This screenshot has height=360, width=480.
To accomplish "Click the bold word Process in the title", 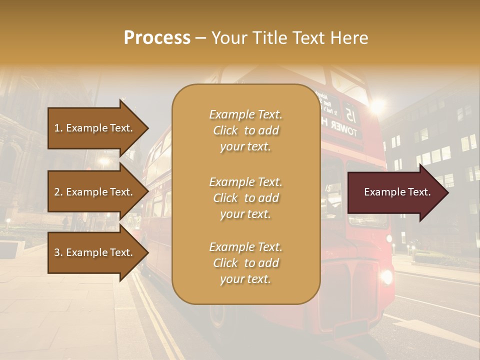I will (x=157, y=38).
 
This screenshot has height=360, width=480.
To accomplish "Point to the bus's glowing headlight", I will (x=386, y=275).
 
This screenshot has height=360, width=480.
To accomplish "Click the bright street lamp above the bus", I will (x=377, y=105).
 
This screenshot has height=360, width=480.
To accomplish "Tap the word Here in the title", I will (x=350, y=38).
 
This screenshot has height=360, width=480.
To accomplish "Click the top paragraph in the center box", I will (x=245, y=130).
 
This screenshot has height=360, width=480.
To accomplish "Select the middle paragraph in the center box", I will (x=245, y=198).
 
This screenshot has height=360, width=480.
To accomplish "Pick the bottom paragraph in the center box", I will (x=245, y=263).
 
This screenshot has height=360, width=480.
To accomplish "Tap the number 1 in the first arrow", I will (x=57, y=128).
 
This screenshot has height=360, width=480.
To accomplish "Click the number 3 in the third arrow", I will (x=57, y=252).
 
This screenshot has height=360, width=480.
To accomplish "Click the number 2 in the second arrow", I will (x=57, y=192).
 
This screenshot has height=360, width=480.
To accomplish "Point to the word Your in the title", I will (x=228, y=38).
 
